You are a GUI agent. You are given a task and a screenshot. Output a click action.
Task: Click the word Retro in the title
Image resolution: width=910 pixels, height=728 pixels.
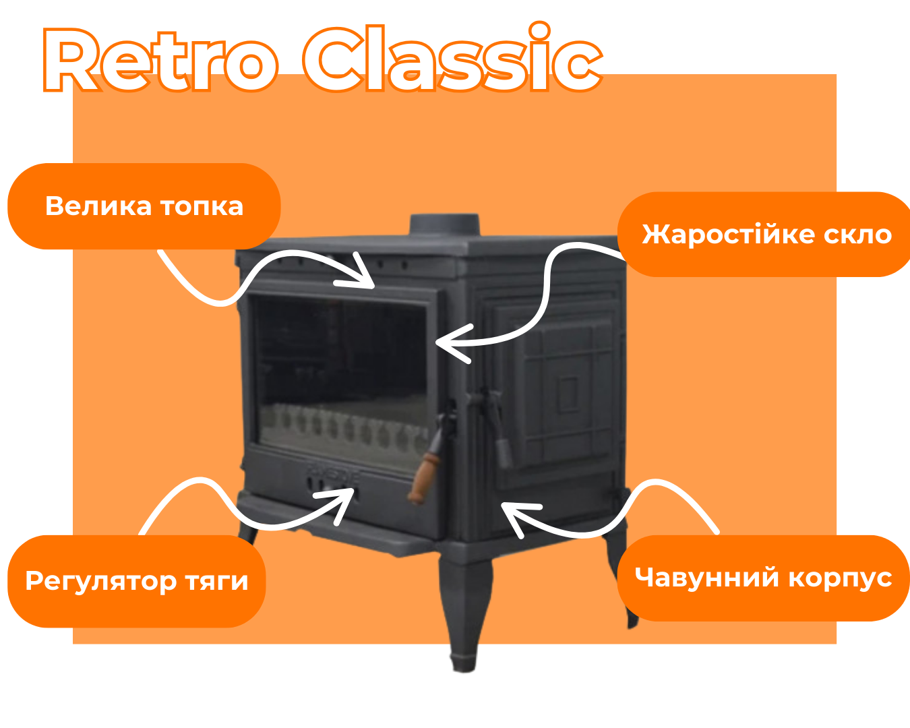160,59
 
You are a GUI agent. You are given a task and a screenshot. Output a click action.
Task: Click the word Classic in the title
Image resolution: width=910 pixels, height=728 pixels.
452,57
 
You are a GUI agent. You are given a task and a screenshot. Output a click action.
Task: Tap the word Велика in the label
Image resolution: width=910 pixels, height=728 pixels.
98,206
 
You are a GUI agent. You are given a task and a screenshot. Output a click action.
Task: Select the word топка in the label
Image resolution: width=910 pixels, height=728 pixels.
202,207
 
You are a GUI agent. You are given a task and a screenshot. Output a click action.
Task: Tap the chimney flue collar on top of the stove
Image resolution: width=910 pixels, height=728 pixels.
444,224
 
